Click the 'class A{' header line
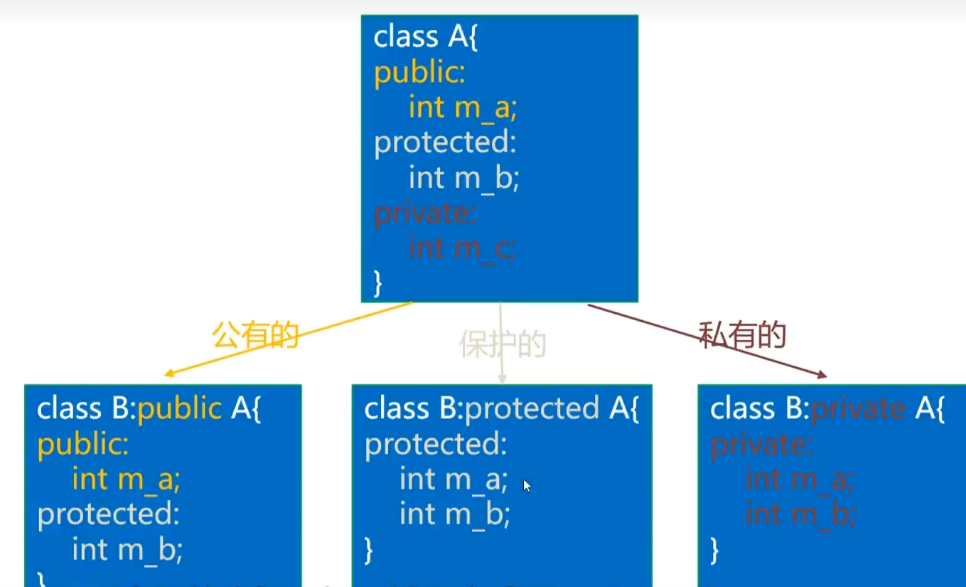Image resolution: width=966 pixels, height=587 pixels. (x=426, y=37)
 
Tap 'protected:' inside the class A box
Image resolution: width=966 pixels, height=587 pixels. (x=445, y=143)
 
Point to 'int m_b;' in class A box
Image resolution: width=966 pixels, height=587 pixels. (x=464, y=178)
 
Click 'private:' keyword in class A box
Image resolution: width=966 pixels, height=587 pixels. (x=425, y=213)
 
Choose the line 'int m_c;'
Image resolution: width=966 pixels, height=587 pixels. (x=462, y=248)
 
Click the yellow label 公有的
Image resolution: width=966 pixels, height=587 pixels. (x=255, y=334)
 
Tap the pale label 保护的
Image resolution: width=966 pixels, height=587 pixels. (x=503, y=344)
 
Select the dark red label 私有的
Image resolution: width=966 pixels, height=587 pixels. (x=742, y=334)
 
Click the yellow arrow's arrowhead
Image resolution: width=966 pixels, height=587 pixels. (x=169, y=374)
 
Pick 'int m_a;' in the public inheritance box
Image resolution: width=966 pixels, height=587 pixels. (x=127, y=479)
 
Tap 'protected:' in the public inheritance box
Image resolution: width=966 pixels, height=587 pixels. (x=109, y=514)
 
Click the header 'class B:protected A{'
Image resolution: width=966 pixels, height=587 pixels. (x=502, y=409)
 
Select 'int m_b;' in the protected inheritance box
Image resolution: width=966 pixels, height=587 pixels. (x=455, y=514)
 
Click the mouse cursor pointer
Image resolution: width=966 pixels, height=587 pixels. (x=527, y=486)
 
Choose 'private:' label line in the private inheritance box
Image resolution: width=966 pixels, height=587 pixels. (x=761, y=444)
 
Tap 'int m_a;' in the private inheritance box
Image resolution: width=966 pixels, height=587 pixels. (x=799, y=479)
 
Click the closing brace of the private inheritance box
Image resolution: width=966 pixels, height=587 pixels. (x=714, y=549)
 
